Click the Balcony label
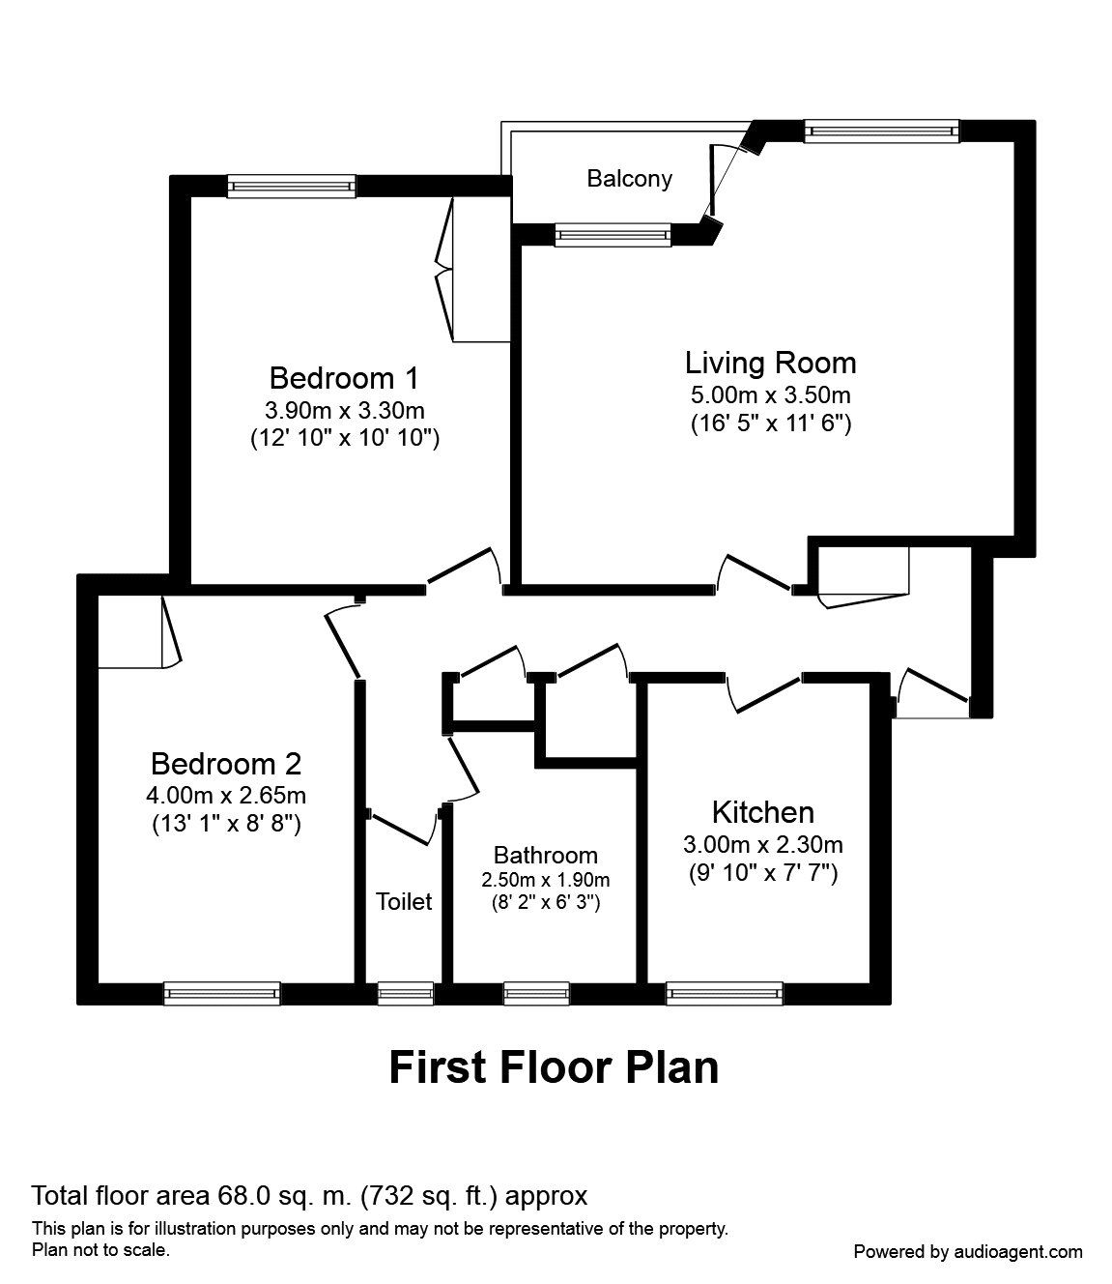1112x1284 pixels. click(x=629, y=179)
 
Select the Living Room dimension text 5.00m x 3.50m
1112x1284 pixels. click(x=770, y=394)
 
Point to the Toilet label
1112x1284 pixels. click(x=404, y=902)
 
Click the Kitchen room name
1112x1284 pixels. click(x=762, y=811)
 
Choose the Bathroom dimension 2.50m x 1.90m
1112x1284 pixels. click(x=546, y=880)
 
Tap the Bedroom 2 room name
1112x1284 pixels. click(x=226, y=764)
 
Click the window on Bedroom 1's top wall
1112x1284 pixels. click(x=292, y=186)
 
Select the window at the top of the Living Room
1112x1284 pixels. click(x=881, y=131)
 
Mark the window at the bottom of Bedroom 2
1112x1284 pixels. click(x=221, y=993)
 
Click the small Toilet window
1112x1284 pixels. click(x=405, y=993)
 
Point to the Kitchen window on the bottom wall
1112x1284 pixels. click(x=724, y=993)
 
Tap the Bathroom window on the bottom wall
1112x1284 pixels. click(x=536, y=993)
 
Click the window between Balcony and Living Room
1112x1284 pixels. click(x=613, y=235)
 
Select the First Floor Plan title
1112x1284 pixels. click(x=554, y=1067)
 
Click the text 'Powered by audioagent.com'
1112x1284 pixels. click(x=968, y=1251)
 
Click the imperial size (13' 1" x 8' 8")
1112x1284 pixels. click(x=227, y=824)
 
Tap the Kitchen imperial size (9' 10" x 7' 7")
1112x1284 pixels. click(x=762, y=873)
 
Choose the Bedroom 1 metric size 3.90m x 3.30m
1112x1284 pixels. click(x=345, y=409)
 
